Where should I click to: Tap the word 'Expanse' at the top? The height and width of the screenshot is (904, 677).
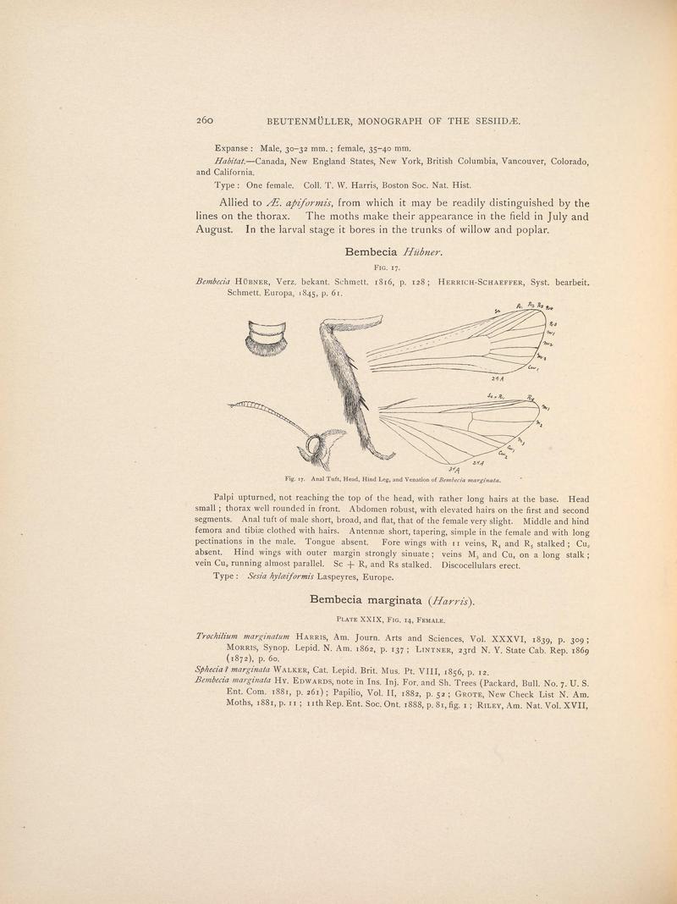pyautogui.click(x=234, y=146)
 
